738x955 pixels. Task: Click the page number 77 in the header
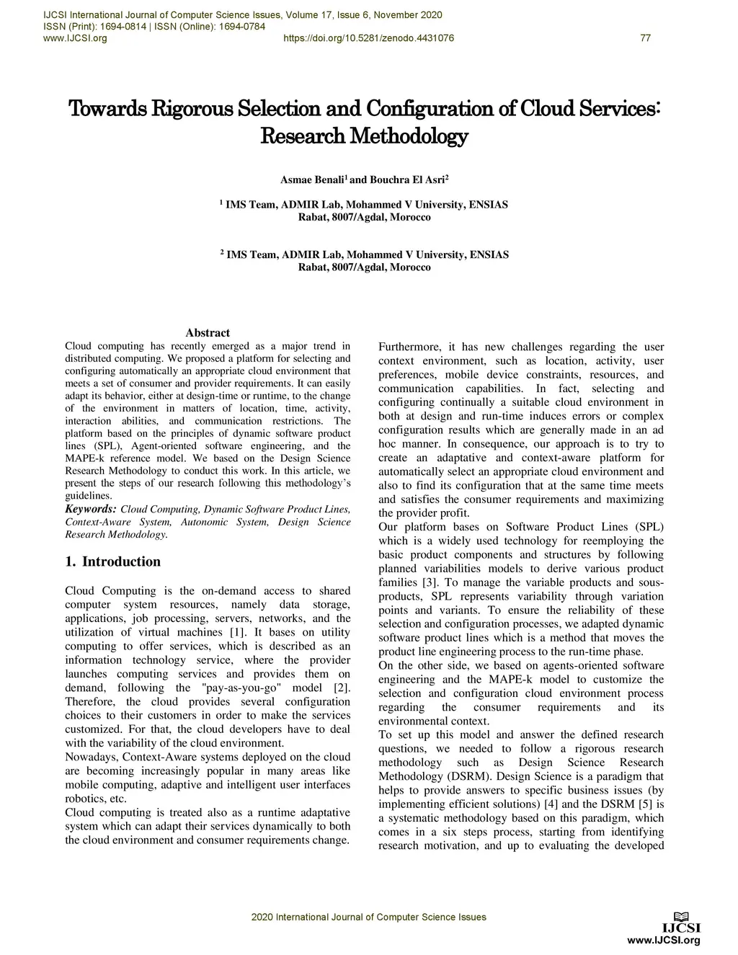(x=645, y=38)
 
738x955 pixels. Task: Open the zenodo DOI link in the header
(x=369, y=38)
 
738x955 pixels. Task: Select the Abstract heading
(x=208, y=333)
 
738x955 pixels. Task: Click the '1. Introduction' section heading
(x=112, y=561)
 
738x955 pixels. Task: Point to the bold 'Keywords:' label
(x=91, y=509)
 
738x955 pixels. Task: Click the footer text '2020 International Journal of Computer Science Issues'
(x=368, y=918)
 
